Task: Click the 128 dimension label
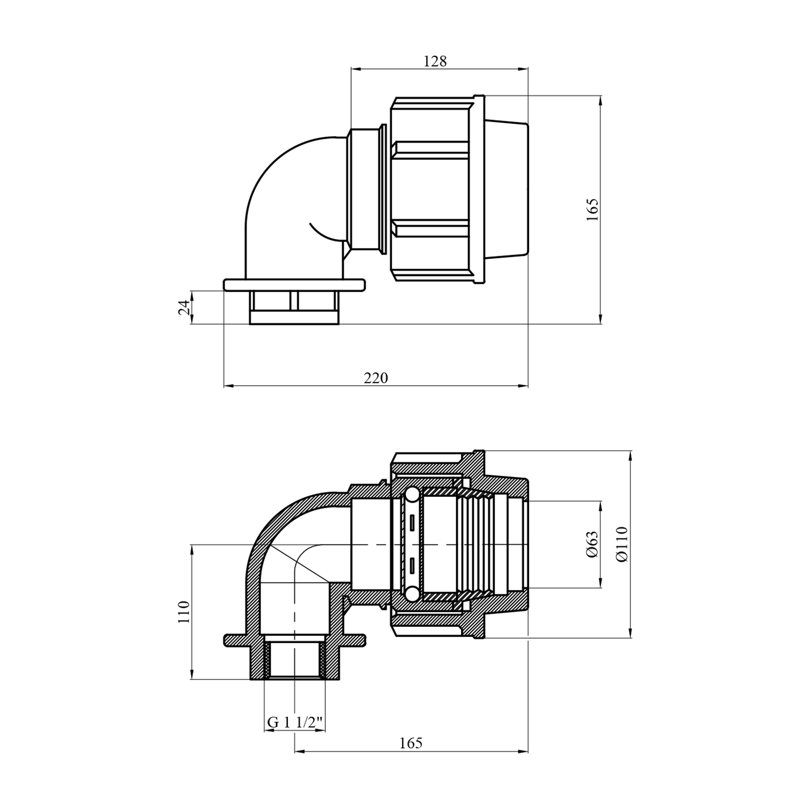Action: click(x=435, y=61)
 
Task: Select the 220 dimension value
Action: click(x=376, y=378)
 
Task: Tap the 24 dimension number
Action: click(x=184, y=307)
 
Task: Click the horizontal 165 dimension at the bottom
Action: click(x=411, y=743)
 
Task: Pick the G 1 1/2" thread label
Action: click(x=295, y=723)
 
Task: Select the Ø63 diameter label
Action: click(x=592, y=545)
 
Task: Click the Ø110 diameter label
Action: click(x=622, y=544)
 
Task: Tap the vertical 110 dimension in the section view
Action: click(x=184, y=612)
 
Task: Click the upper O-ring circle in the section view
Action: click(x=411, y=495)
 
